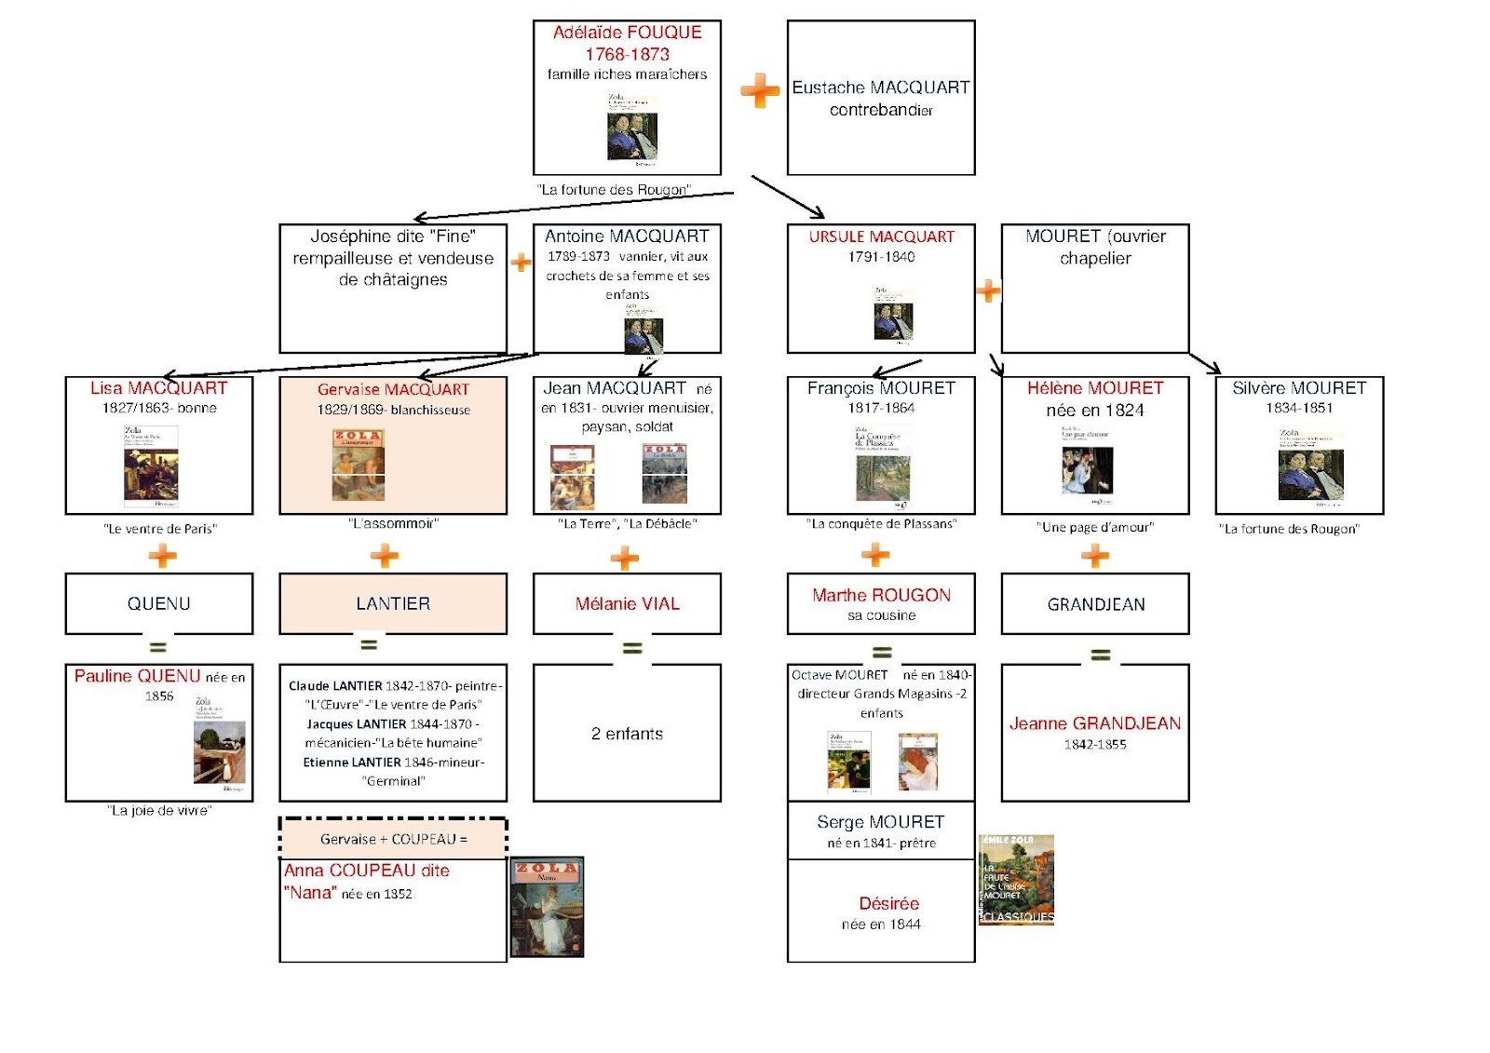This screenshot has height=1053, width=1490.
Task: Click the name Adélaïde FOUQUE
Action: pos(627,33)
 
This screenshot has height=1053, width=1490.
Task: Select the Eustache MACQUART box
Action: pos(881,98)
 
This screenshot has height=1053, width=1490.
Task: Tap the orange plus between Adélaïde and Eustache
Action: pos(760,90)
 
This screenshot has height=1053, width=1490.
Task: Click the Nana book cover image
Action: pos(547,907)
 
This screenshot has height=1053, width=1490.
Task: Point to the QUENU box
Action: pos(159,603)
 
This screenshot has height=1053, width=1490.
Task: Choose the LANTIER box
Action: pos(393,603)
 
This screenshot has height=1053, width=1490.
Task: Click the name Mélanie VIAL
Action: pos(627,603)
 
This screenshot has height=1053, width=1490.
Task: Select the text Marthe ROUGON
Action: pos(881,595)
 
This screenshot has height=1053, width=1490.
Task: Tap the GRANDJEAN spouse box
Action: pos(1095,604)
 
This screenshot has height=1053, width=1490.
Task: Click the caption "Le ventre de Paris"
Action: pos(160,529)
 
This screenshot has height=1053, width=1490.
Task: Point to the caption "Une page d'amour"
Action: pos(1095,527)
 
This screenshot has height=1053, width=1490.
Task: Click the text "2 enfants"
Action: pos(627,734)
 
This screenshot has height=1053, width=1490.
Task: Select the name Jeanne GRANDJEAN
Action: pos(1095,723)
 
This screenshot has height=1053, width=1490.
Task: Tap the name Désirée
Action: pos(888,903)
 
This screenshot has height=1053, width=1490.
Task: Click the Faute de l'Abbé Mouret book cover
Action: pos(1016,880)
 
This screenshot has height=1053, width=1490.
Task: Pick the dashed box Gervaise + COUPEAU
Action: pos(393,838)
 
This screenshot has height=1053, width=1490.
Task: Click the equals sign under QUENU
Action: pos(158,646)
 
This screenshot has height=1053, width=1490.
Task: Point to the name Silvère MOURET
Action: pos(1299,388)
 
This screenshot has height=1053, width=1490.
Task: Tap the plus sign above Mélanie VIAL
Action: pos(625,559)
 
